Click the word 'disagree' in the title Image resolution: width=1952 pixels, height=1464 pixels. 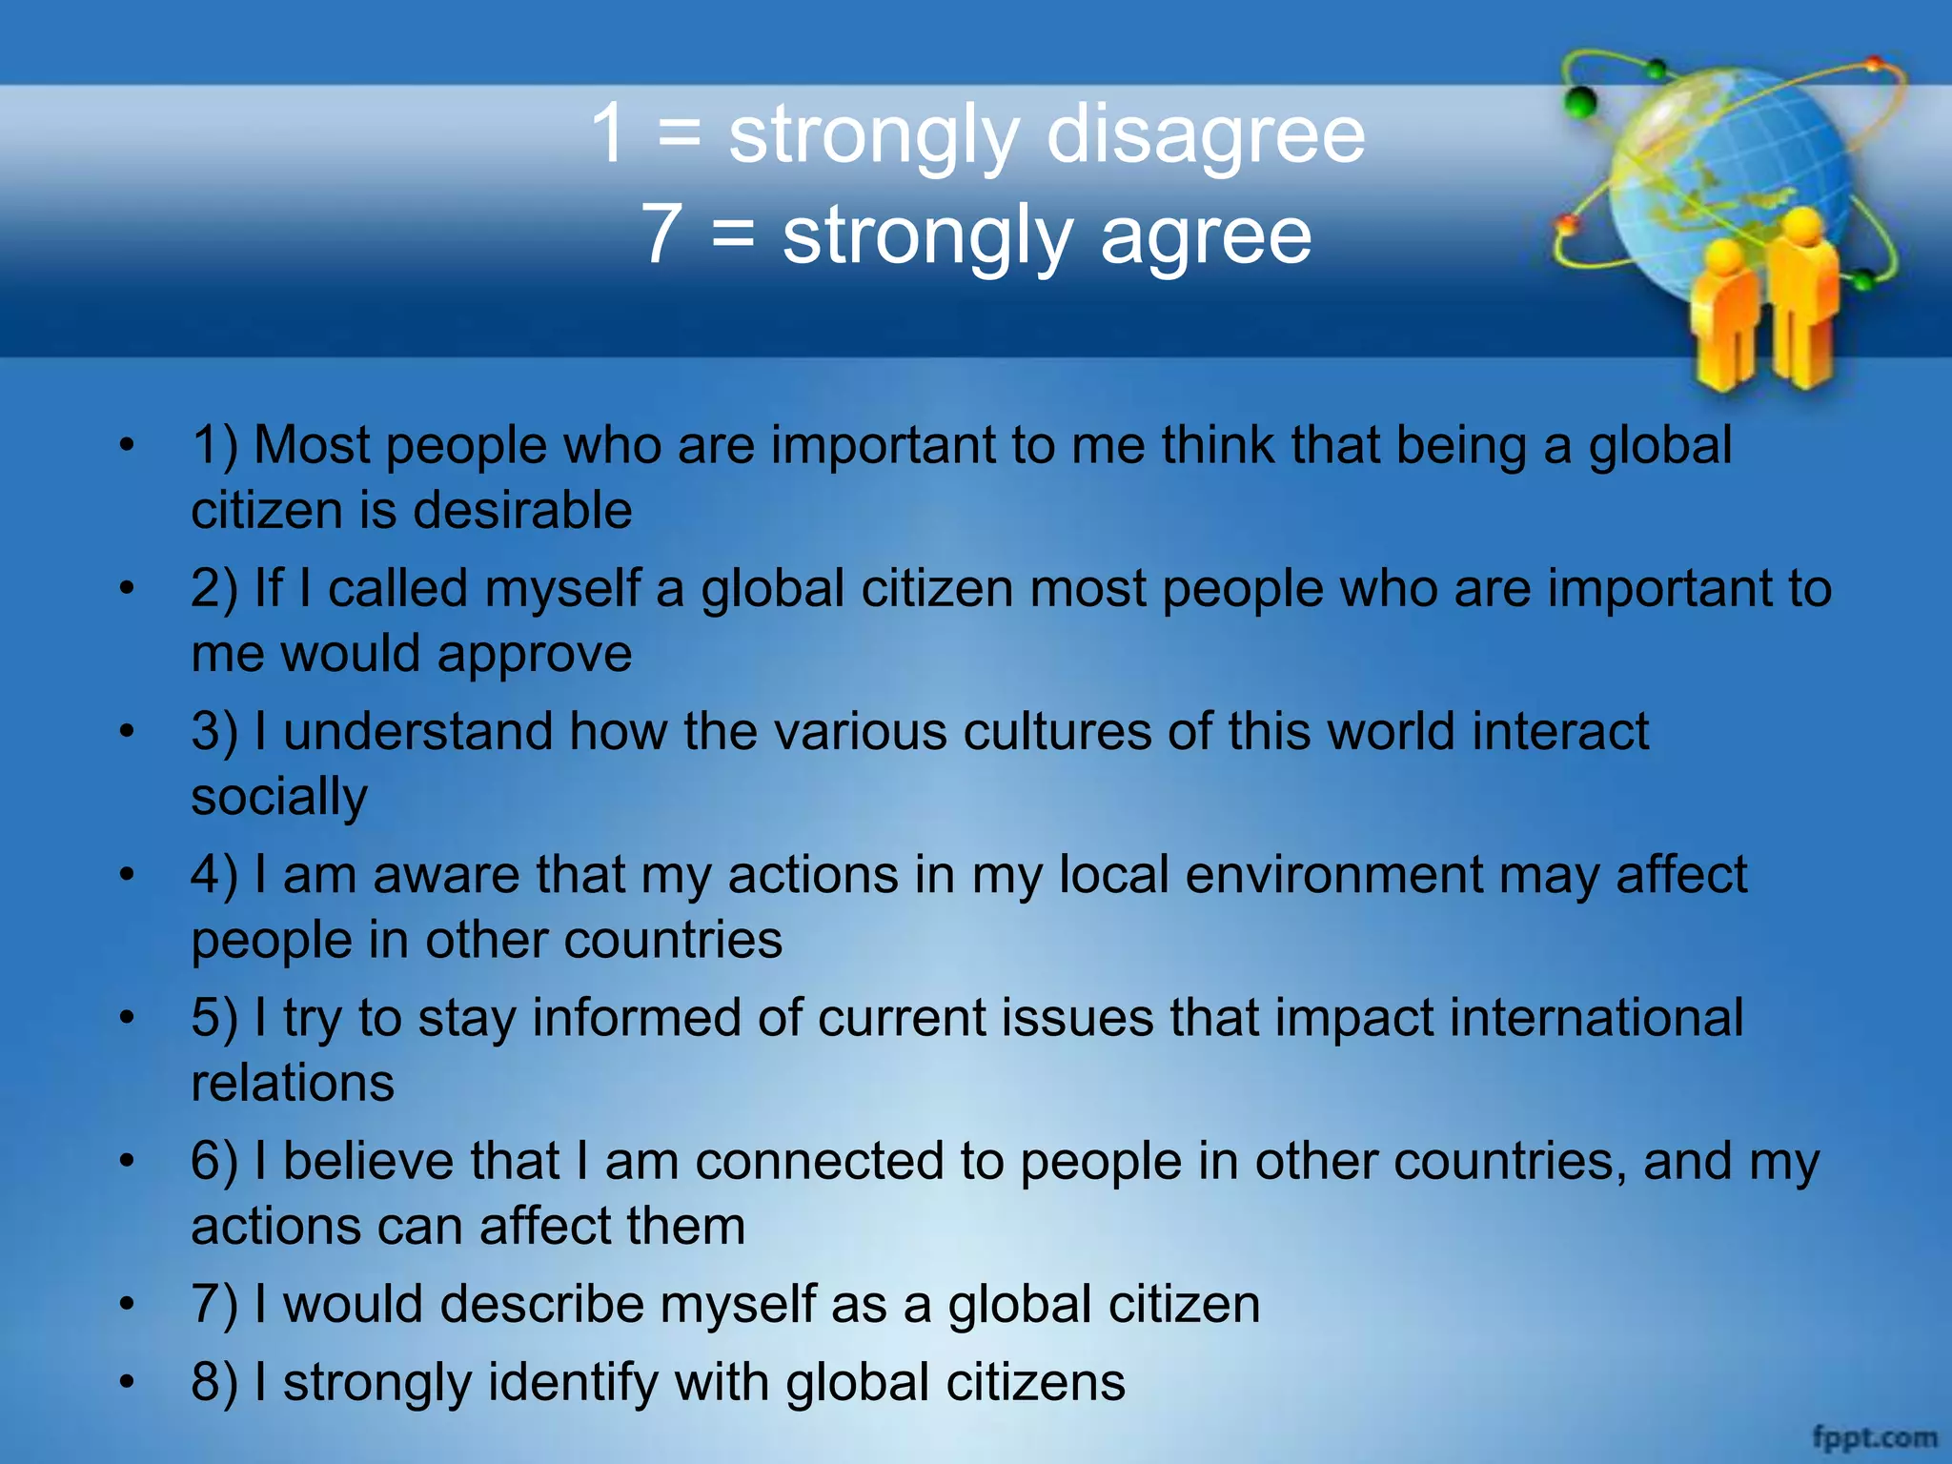(1206, 134)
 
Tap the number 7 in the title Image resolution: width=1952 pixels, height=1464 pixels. (661, 234)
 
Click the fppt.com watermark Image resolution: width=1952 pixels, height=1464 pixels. (1874, 1435)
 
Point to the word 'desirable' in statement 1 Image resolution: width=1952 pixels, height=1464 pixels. (522, 510)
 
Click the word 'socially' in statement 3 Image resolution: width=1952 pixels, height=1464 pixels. (278, 797)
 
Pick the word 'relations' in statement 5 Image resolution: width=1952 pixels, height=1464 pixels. (293, 1083)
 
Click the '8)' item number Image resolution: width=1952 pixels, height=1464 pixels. (214, 1382)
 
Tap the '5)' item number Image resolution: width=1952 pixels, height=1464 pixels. (214, 1018)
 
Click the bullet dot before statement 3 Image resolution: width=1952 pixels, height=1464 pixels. (127, 732)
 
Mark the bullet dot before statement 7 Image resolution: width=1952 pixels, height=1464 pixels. (127, 1304)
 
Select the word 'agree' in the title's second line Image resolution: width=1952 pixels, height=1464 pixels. (1206, 236)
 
